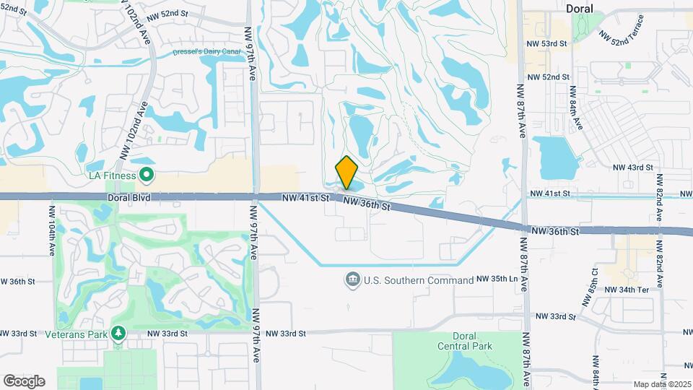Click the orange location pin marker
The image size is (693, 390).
(346, 173)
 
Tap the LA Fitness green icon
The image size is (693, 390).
(147, 174)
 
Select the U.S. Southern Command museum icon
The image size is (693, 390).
(353, 279)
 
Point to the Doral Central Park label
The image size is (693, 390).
(464, 341)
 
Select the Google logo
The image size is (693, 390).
(24, 381)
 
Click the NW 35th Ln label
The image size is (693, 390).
(497, 279)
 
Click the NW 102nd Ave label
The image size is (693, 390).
(134, 130)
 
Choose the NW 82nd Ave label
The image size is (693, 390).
(659, 207)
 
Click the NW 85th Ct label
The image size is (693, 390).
(594, 283)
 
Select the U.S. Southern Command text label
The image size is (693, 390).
(418, 279)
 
